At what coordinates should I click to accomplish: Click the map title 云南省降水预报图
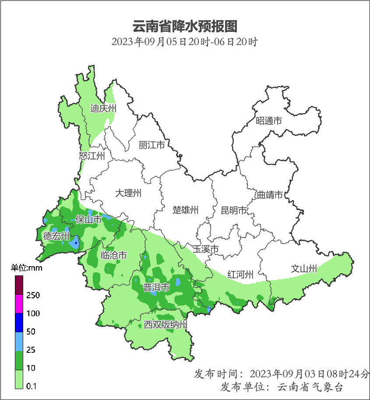pos(184,26)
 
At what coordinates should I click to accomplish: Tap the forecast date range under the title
pos(184,42)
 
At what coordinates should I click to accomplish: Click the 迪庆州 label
pos(103,108)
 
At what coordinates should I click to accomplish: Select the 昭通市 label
pos(268,121)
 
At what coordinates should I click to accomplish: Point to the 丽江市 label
pos(152,145)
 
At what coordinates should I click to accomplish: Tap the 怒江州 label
pos(92,156)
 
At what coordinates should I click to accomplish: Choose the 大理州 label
pos(128,193)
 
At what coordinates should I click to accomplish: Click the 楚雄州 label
pos(185,210)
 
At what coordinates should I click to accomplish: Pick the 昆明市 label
pos(234,211)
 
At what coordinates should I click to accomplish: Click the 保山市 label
pos(88,219)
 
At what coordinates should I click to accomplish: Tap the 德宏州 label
pos(56,237)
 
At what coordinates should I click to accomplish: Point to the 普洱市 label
pos(156,287)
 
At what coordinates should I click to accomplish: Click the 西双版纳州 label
pos(166,325)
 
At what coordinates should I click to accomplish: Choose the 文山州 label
pos(304,268)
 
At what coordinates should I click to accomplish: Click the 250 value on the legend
pos(33,296)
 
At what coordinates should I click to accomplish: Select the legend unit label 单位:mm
pos(27,268)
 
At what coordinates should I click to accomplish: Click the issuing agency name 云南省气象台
pos(310,387)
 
